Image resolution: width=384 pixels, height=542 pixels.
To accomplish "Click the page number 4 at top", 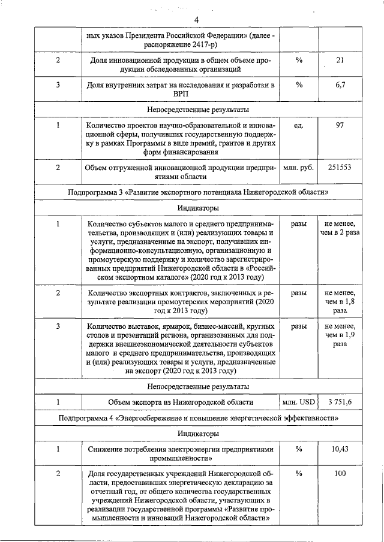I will pos(196,21).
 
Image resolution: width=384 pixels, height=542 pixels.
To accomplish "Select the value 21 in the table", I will pos(340,60).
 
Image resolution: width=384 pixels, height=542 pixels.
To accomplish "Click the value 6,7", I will pos(340,85).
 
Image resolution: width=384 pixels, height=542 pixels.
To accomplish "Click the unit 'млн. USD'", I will pos(298,402).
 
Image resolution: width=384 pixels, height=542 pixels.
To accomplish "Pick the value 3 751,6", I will pos(340,402).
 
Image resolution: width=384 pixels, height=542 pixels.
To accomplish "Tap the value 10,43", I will pos(340,449).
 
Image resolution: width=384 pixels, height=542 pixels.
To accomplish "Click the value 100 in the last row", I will pos(340,474).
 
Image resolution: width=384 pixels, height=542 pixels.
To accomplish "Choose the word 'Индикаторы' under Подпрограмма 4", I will pos(197,432).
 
